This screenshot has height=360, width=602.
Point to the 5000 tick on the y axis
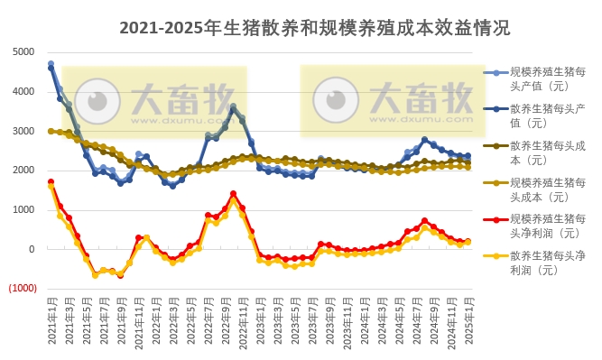[23, 51]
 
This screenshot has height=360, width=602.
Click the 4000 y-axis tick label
[23, 91]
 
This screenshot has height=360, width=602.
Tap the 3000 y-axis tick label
[23, 131]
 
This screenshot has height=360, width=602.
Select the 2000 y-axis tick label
[23, 171]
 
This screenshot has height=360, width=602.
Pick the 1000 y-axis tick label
[23, 210]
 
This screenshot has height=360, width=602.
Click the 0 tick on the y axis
[32, 249]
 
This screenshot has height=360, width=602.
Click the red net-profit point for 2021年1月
[51, 182]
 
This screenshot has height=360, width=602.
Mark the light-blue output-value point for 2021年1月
[51, 64]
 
